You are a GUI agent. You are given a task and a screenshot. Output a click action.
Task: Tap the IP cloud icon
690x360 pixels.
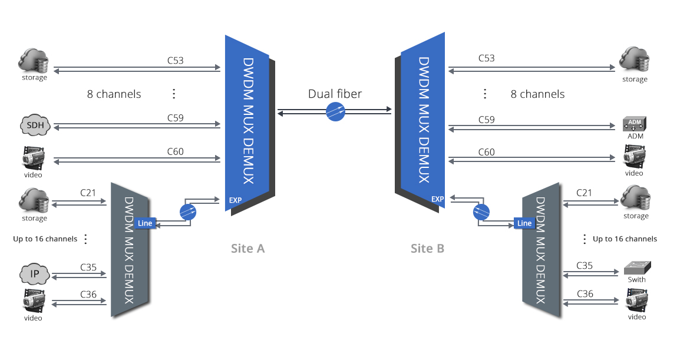coord(34,275)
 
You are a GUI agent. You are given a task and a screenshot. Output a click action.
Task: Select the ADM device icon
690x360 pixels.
coord(635,124)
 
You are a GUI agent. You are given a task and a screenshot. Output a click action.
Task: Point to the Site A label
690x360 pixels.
coord(247,249)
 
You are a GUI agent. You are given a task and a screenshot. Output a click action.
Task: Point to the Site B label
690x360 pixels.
coord(427,249)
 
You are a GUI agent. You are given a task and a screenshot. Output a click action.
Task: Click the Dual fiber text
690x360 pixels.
coord(335,94)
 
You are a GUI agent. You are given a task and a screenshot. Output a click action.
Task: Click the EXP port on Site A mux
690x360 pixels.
coord(235,200)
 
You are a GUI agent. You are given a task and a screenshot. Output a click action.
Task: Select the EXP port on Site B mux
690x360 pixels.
coord(437,199)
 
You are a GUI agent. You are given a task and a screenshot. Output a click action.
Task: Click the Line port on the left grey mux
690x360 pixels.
coord(144,223)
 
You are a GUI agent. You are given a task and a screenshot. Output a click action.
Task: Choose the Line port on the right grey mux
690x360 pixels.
coord(524,223)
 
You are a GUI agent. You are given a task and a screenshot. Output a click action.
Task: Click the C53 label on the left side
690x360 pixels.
coord(175,60)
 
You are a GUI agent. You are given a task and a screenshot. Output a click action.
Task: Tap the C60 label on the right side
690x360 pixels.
coord(486,153)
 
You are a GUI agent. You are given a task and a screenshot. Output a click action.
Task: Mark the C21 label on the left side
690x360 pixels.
coord(88,193)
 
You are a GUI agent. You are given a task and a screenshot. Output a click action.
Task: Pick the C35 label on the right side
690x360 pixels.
coord(585,266)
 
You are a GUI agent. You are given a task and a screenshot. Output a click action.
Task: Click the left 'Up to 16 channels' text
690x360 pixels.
coord(45,239)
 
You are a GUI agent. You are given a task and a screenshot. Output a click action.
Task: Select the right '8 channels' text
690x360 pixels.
coord(537,94)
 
